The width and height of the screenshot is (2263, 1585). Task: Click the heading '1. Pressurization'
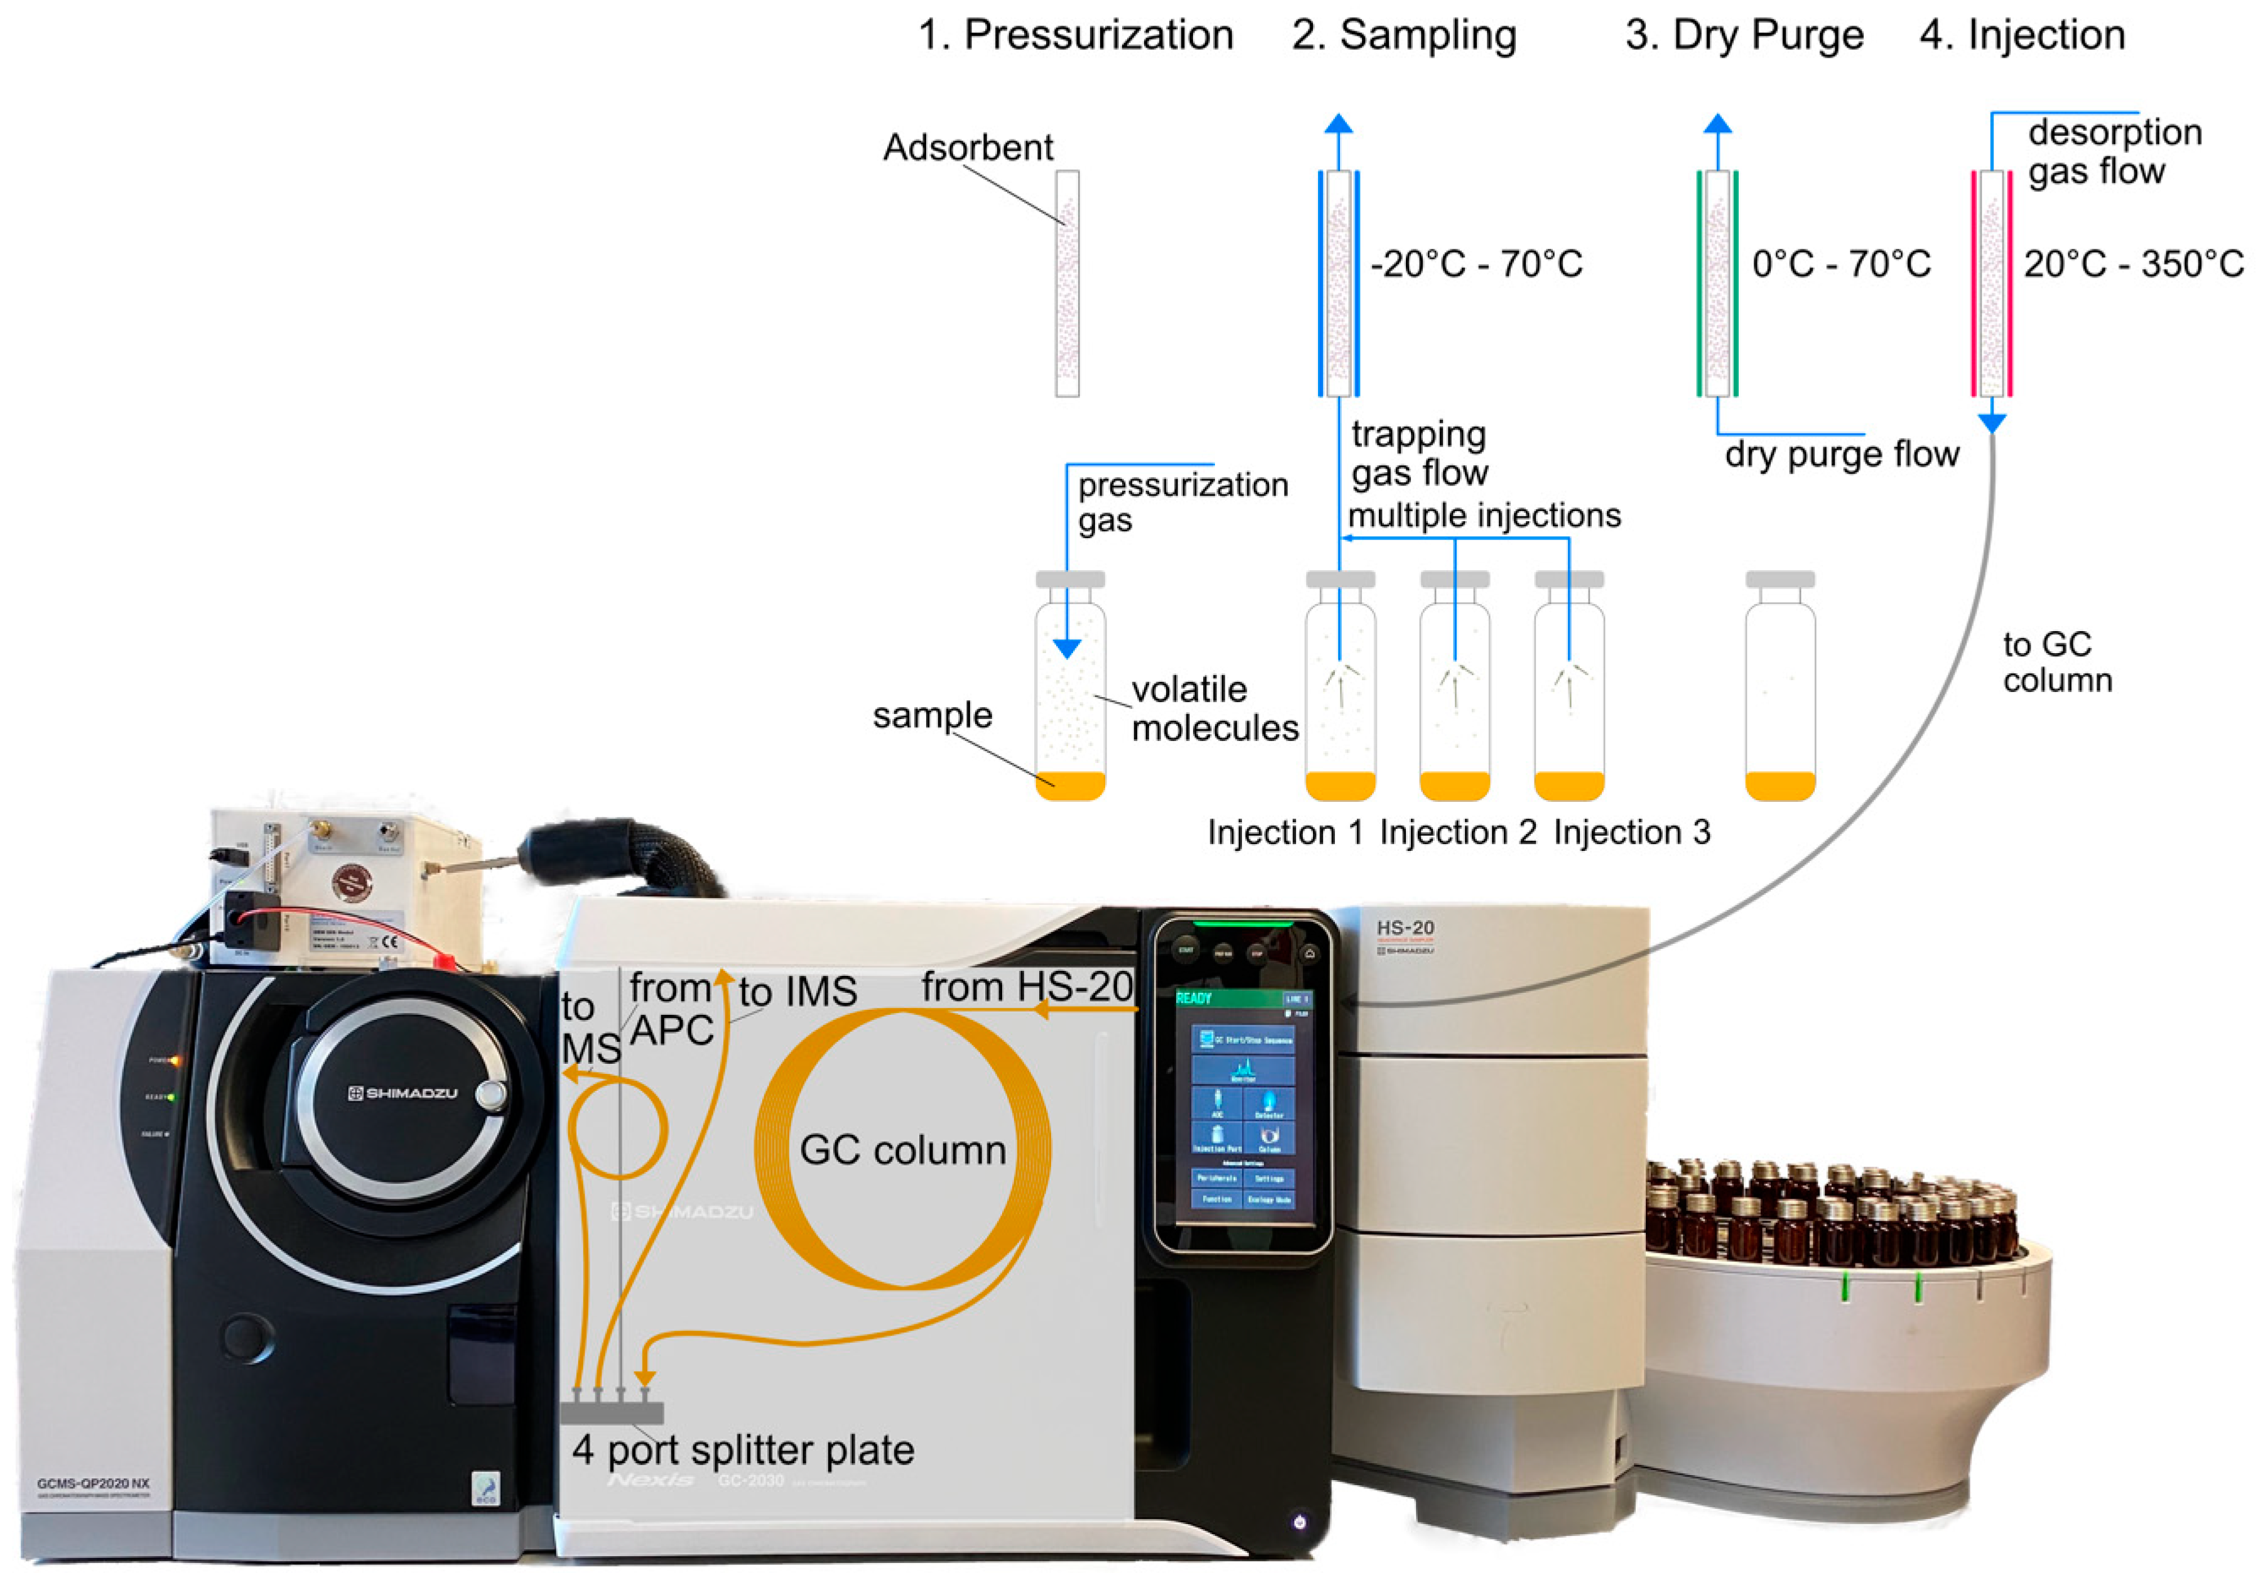[x=1076, y=36]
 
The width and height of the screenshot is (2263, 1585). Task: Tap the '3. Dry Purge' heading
[x=1744, y=36]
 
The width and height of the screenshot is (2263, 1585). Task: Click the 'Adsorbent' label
[x=967, y=148]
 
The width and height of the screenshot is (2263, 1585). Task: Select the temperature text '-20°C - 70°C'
[x=1476, y=264]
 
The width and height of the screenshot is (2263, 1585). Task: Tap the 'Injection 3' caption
[x=1631, y=833]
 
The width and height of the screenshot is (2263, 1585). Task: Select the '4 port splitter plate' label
[x=743, y=1450]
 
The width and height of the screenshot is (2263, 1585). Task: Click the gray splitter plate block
[x=611, y=1412]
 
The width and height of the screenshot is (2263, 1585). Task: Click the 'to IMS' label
[x=797, y=992]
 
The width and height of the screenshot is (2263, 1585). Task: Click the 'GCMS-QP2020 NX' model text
[x=94, y=1483]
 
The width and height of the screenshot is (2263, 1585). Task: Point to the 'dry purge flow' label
[x=1841, y=455]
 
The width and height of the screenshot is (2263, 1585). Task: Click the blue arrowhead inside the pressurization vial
[x=1066, y=649]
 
